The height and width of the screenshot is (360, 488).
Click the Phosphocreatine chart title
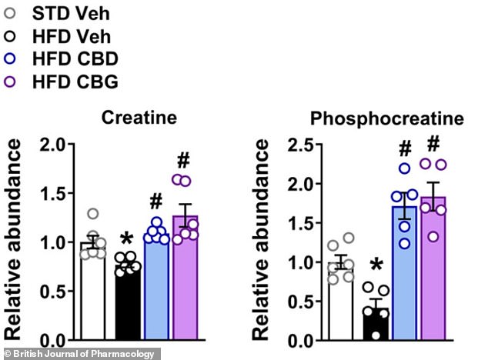point(386,119)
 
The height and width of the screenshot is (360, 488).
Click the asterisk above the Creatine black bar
point(126,236)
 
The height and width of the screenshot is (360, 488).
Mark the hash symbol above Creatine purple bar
point(183,161)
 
